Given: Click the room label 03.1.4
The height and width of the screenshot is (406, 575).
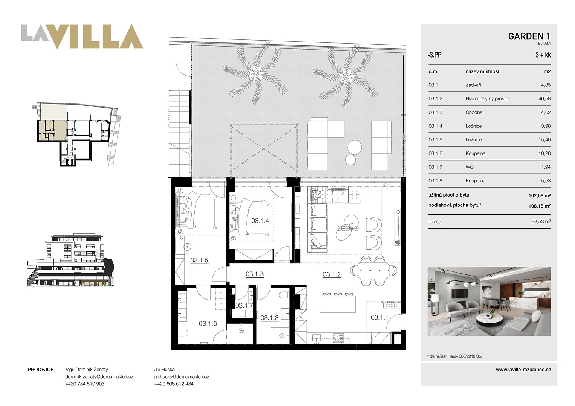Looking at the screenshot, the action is point(260,220).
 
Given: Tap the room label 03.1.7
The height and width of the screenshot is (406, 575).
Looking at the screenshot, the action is point(244,305).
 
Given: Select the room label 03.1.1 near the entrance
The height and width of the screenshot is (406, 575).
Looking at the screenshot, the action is point(380,317).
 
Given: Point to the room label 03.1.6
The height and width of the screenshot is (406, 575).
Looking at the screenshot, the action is point(207,323).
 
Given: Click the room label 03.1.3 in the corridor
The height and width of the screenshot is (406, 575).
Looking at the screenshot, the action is point(255,274).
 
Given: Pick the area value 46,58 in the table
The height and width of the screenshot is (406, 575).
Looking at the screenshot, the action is point(544,98).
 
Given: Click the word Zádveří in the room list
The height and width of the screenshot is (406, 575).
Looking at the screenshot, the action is point(473,85).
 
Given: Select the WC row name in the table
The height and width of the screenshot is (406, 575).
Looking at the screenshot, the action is point(470,167).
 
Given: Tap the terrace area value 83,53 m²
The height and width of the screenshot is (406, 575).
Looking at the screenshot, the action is point(541,221).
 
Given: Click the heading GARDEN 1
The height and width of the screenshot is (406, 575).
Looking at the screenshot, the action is point(529,36).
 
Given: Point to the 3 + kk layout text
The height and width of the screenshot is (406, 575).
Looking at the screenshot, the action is point(543,55).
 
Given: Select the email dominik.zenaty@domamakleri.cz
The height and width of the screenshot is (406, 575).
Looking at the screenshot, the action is point(99,377).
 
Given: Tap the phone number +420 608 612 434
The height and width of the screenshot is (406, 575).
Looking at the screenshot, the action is point(174,384).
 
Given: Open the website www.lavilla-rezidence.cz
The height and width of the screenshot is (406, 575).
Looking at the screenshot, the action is point(523,369).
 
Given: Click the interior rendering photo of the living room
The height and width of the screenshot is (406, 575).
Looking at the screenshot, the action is point(489,301).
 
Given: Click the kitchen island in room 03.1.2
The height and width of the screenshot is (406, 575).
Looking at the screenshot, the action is point(338,304).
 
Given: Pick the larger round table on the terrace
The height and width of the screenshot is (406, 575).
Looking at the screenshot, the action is point(355,147).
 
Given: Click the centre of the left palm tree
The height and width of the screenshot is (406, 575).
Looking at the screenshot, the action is point(255,74).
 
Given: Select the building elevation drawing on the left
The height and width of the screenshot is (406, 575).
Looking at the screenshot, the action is point(70,260).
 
